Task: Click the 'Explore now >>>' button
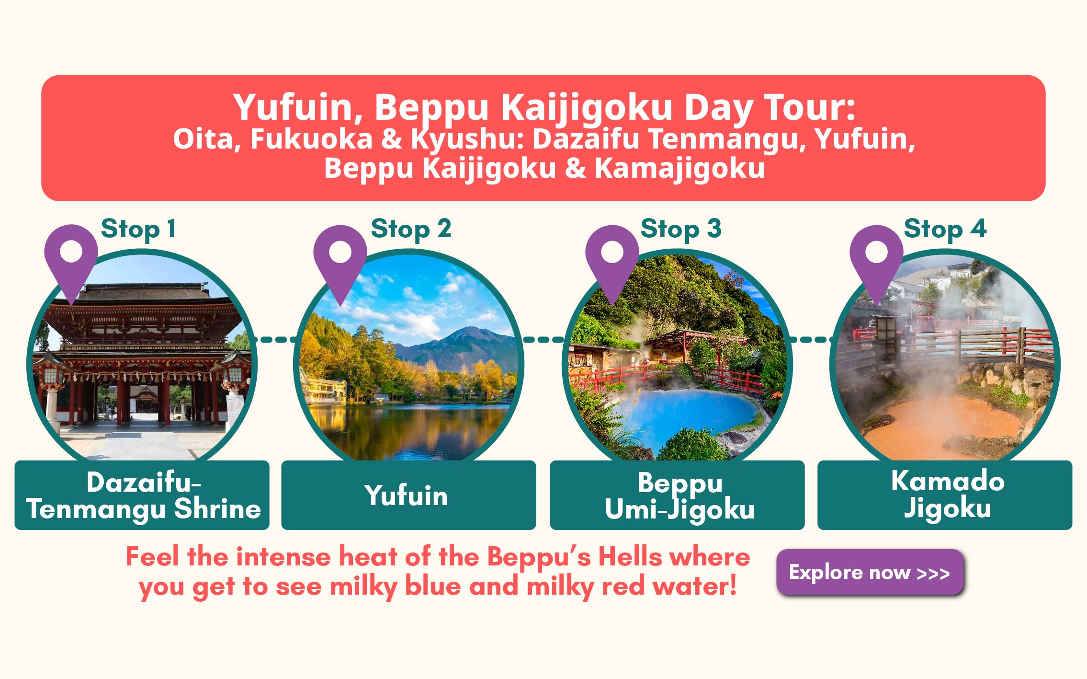(870, 572)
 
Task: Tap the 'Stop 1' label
(138, 229)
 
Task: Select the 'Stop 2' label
(411, 229)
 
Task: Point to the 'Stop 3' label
(681, 229)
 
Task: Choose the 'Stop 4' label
(945, 229)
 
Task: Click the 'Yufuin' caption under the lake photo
(406, 495)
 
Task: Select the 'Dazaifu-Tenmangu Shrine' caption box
(142, 495)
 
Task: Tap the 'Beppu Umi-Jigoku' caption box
(677, 495)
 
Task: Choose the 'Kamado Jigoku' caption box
(945, 495)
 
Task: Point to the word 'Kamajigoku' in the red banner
(679, 169)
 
